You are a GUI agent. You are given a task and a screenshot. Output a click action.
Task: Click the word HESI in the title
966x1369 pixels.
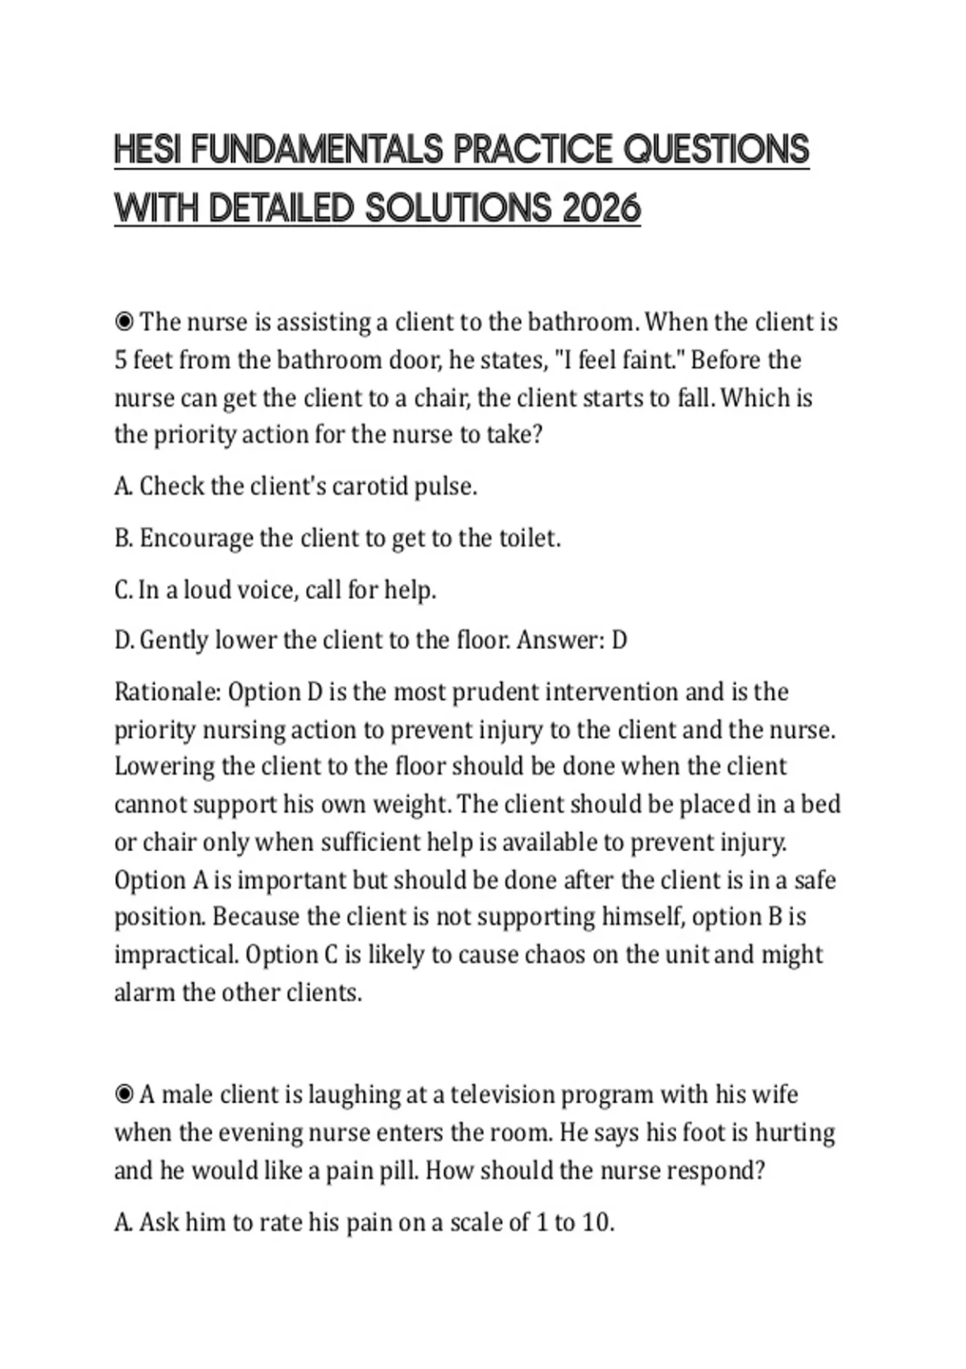pyautogui.click(x=147, y=150)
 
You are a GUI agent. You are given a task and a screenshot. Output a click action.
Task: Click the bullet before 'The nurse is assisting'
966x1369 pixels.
pyautogui.click(x=124, y=322)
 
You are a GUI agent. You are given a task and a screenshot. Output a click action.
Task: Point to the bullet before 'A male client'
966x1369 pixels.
pyautogui.click(x=124, y=1094)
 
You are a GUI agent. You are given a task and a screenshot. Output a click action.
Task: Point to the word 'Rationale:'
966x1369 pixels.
pyautogui.click(x=167, y=692)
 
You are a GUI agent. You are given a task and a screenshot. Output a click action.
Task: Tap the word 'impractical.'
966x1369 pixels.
pyautogui.click(x=176, y=954)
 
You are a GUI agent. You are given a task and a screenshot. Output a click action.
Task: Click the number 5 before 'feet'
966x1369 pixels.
pyautogui.click(x=121, y=360)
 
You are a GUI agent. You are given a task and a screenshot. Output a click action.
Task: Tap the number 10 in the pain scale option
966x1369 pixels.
pyautogui.click(x=596, y=1222)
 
